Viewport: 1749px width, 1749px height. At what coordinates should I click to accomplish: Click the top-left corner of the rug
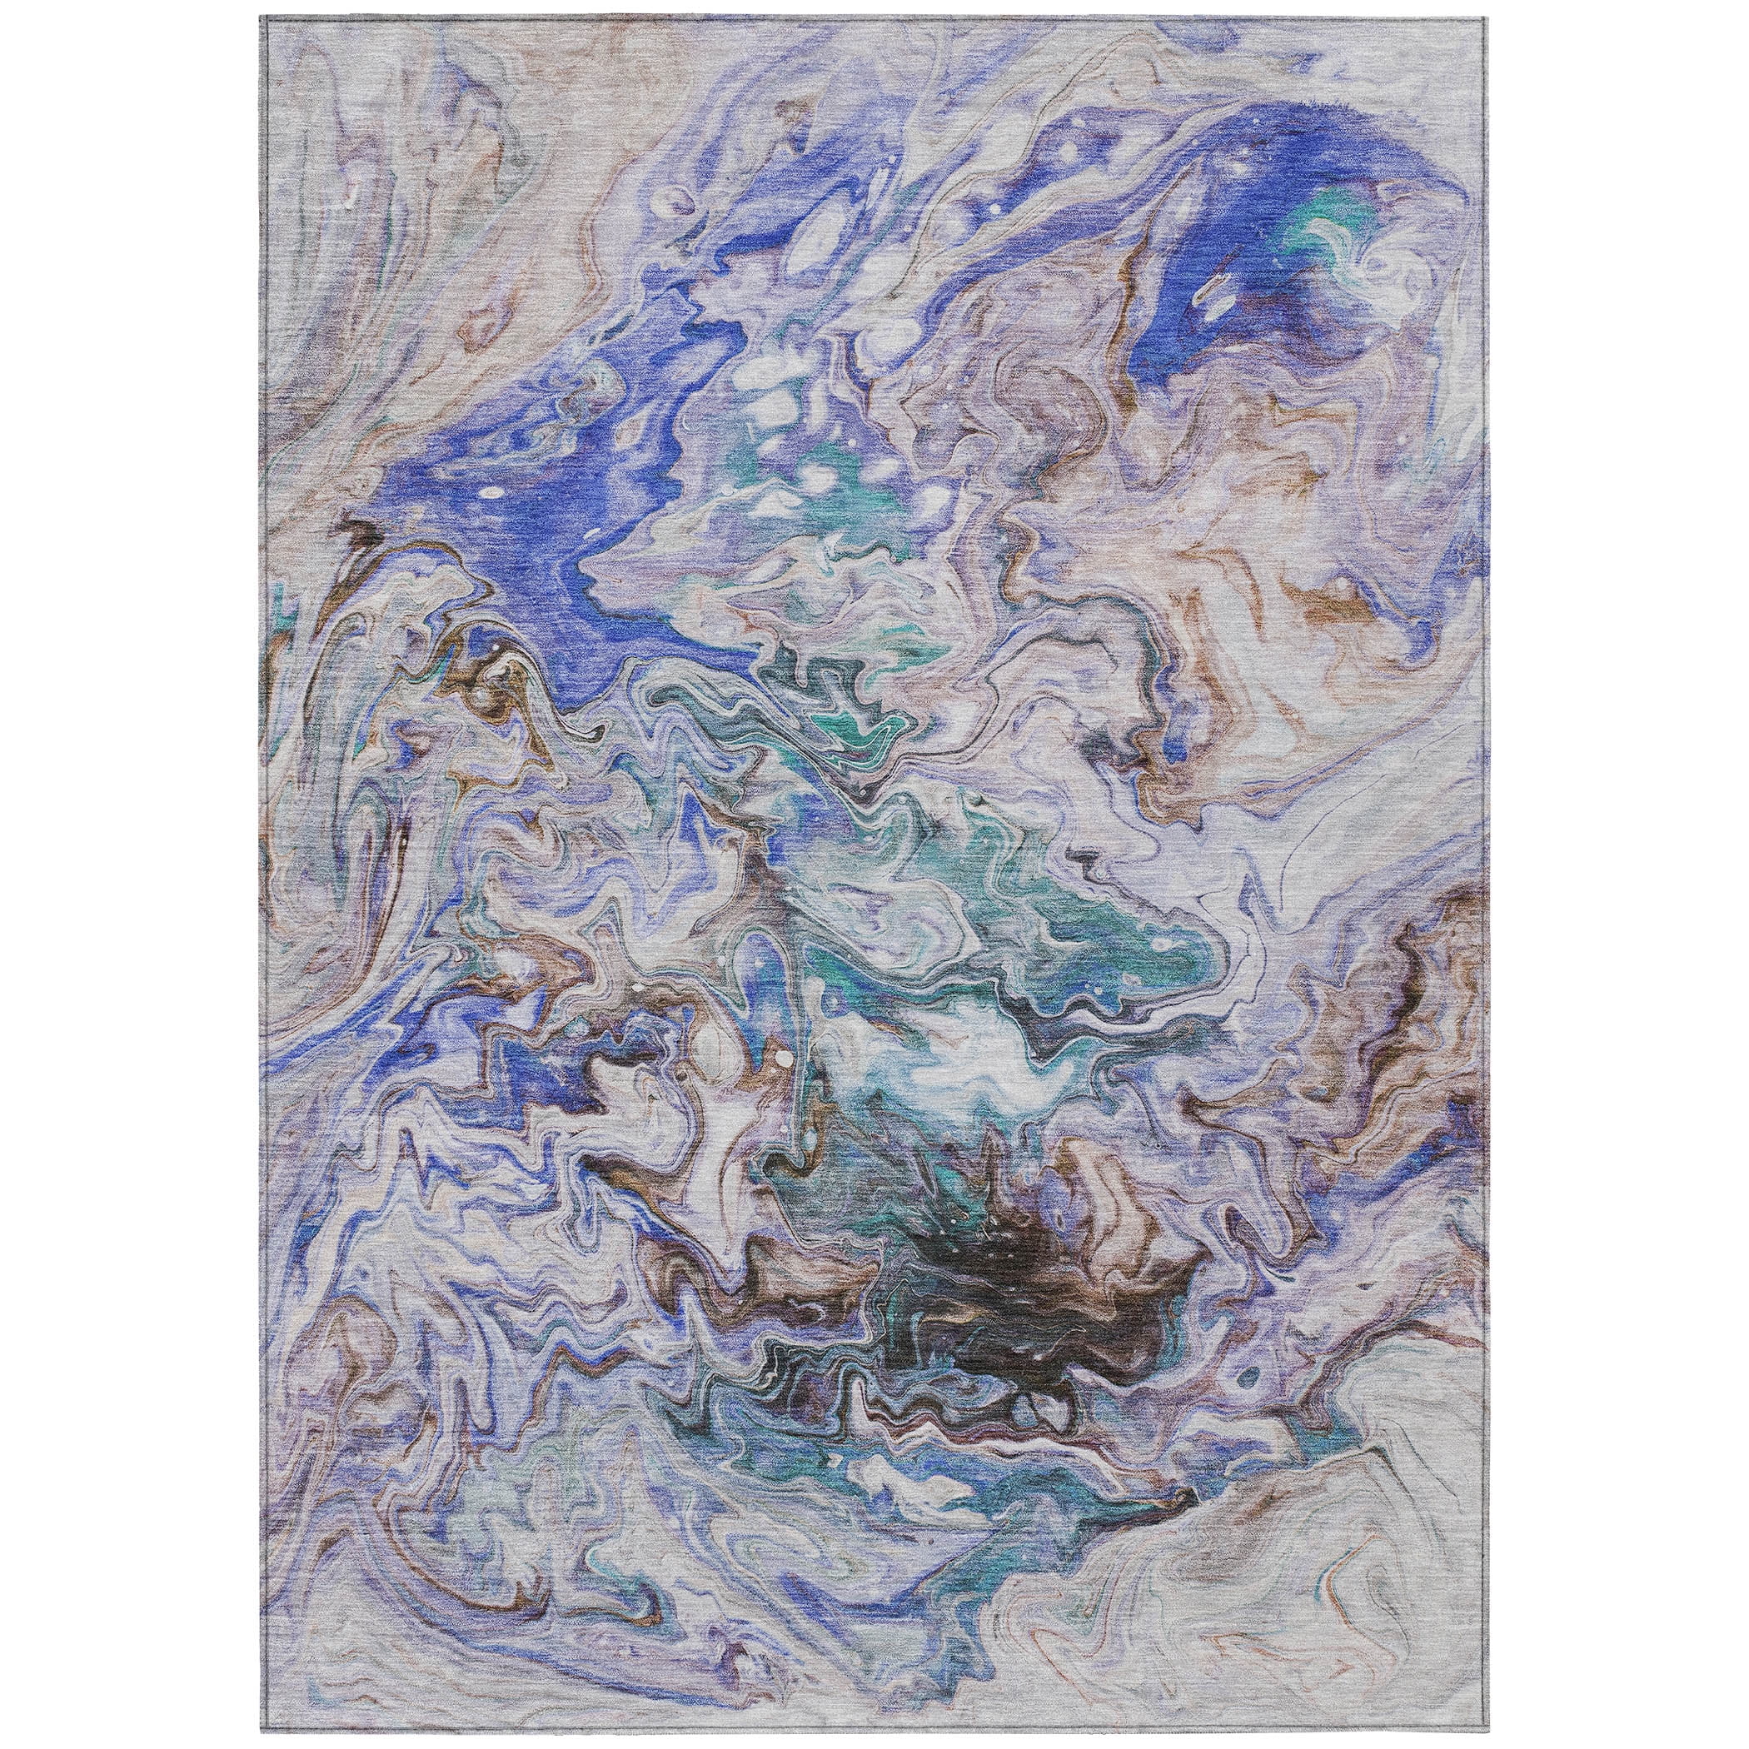tap(261, 18)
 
